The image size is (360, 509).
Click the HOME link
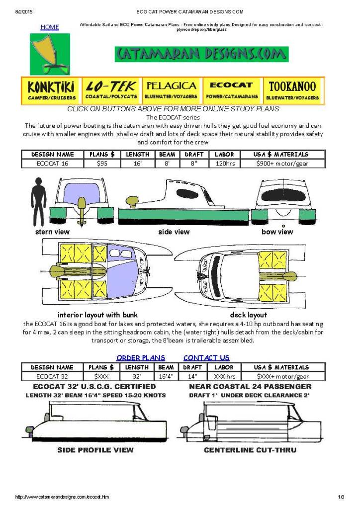(x=50, y=27)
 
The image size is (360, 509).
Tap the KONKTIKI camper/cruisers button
(x=52, y=90)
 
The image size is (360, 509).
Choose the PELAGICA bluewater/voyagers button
(x=171, y=90)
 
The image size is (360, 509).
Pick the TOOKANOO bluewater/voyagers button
(x=293, y=90)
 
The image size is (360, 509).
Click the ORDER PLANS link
(x=141, y=358)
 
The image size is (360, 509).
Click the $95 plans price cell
(x=102, y=163)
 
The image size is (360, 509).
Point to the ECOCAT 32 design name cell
(x=52, y=376)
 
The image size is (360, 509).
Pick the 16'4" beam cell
(x=166, y=376)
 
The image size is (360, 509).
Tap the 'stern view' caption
(x=52, y=232)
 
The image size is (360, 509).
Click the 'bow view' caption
(x=277, y=232)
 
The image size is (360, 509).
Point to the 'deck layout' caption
(x=248, y=315)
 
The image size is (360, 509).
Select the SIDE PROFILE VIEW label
(x=95, y=450)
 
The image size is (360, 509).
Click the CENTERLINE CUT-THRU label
(x=250, y=450)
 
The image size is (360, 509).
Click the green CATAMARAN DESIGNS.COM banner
(x=201, y=54)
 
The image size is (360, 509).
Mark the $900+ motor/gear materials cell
(x=282, y=163)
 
